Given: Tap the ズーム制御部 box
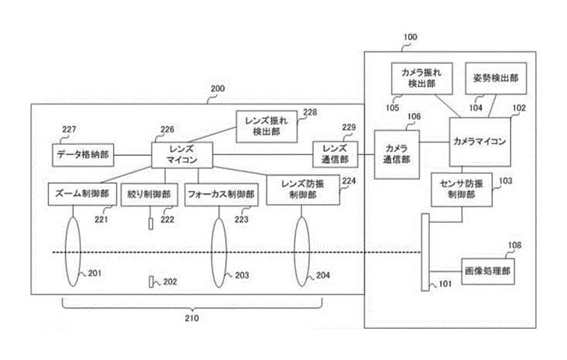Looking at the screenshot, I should click(x=83, y=193).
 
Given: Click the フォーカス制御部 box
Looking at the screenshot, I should click(x=221, y=193).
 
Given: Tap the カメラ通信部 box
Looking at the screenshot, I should click(x=397, y=148).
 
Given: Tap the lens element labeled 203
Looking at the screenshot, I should click(x=220, y=251).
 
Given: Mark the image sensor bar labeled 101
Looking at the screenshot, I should click(x=425, y=251).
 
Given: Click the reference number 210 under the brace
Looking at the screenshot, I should click(x=192, y=318).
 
